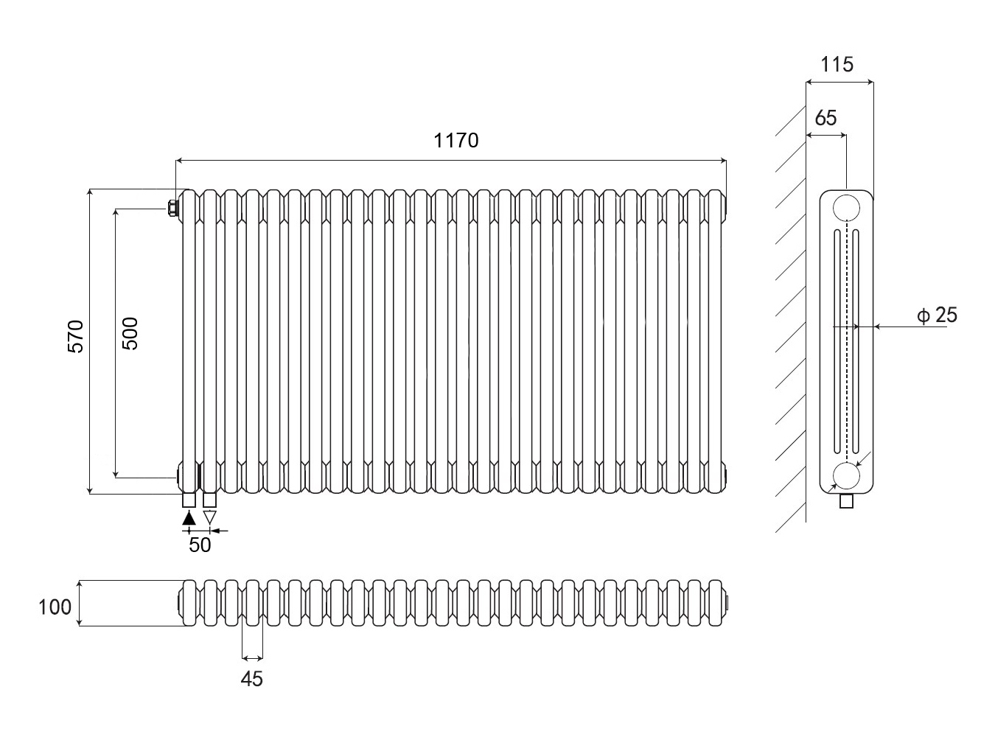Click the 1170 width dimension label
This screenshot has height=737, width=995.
(x=456, y=140)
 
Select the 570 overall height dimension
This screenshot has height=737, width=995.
(x=77, y=336)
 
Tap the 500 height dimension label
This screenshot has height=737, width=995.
(x=130, y=333)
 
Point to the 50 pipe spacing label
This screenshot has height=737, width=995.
(x=200, y=545)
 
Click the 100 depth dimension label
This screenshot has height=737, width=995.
(x=55, y=607)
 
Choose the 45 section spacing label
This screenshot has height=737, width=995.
(x=252, y=679)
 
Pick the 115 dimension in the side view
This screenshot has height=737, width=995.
(x=837, y=65)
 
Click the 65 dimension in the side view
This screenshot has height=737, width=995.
(x=826, y=118)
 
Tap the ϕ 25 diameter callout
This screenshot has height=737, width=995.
(x=938, y=315)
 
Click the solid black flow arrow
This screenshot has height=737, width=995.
(x=189, y=517)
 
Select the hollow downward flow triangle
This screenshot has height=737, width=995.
(x=210, y=517)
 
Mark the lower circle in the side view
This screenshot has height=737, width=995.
(x=846, y=477)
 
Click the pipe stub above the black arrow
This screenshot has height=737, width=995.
(x=189, y=500)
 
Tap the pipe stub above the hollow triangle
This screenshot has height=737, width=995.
(x=210, y=500)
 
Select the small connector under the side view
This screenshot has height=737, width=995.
(x=846, y=502)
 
